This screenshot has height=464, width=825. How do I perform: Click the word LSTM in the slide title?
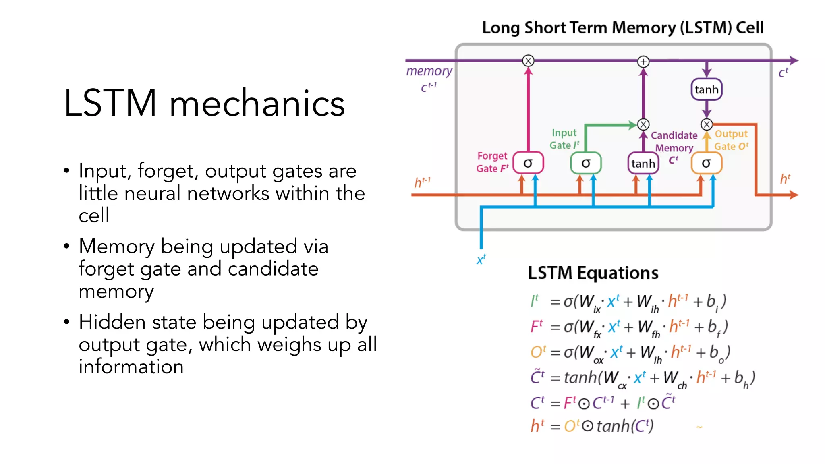(x=110, y=104)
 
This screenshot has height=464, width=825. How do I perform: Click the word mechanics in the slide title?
(x=257, y=104)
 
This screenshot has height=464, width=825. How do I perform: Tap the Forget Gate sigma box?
(x=528, y=163)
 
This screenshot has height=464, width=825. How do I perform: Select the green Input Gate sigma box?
(x=586, y=163)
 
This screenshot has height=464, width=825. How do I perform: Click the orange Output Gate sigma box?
(x=706, y=163)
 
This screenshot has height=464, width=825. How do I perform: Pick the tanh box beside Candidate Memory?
(x=643, y=163)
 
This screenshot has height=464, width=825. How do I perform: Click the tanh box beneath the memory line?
(x=707, y=89)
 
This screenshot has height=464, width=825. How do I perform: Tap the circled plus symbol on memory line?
(x=643, y=62)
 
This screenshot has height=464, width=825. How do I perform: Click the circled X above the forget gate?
(x=528, y=61)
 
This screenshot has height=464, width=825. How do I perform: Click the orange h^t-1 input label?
(x=423, y=182)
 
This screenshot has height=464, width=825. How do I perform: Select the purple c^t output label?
(x=783, y=73)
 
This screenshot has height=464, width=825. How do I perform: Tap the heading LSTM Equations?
(x=593, y=273)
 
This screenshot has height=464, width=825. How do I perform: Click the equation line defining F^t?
(x=628, y=327)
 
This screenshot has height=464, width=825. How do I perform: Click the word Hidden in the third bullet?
(x=112, y=322)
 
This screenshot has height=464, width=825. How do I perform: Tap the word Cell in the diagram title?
(x=749, y=28)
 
